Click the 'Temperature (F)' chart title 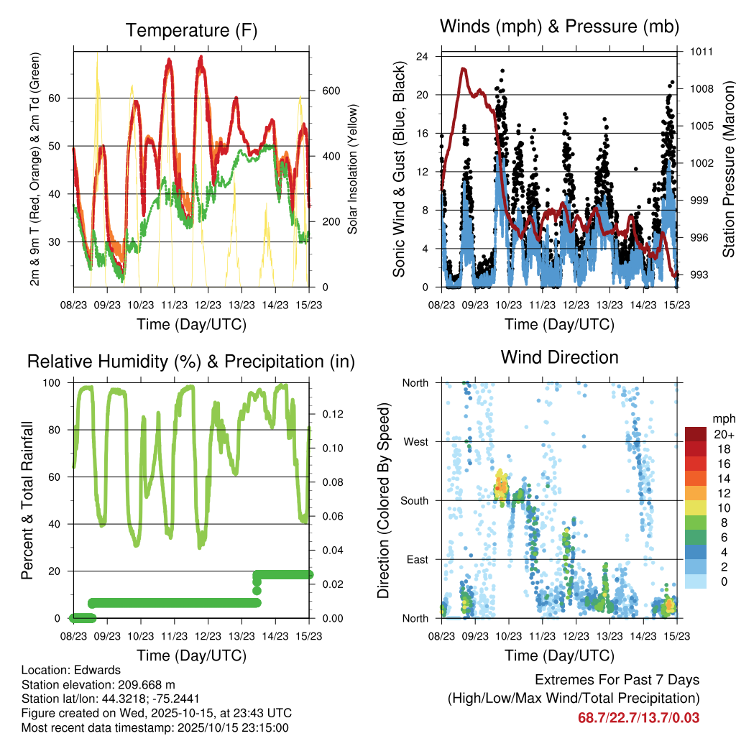pyautogui.click(x=191, y=30)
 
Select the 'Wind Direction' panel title pyautogui.click(x=559, y=357)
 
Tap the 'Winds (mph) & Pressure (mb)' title pyautogui.click(x=559, y=27)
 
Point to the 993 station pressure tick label pyautogui.click(x=698, y=275)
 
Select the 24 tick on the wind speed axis pyautogui.click(x=423, y=56)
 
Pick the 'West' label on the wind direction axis pyautogui.click(x=415, y=441)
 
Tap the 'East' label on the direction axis pyautogui.click(x=417, y=559)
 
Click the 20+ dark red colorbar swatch pyautogui.click(x=696, y=434)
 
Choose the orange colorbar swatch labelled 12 pyautogui.click(x=696, y=493)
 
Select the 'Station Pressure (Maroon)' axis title pyautogui.click(x=728, y=169)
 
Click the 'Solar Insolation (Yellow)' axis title pyautogui.click(x=353, y=169)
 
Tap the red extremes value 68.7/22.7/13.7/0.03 pyautogui.click(x=638, y=717)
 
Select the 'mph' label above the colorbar pyautogui.click(x=722, y=418)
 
